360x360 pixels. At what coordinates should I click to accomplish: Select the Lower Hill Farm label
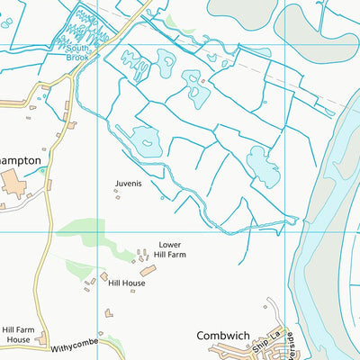[x=170, y=249]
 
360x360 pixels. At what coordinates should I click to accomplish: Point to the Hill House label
[x=127, y=283]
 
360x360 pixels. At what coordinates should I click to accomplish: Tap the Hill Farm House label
[x=17, y=335]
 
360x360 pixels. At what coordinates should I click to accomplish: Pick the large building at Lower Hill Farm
[x=147, y=269]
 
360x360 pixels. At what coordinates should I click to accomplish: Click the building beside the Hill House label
[x=104, y=276]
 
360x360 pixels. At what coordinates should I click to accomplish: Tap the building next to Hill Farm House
[x=41, y=339]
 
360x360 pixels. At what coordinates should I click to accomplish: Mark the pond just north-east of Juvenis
[x=145, y=139]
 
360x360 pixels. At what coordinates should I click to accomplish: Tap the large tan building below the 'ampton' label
[x=13, y=185]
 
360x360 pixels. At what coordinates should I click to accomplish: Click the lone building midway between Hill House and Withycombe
[x=109, y=313]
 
